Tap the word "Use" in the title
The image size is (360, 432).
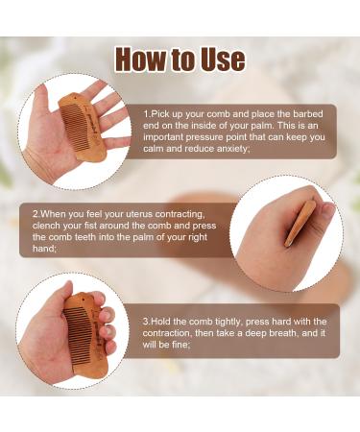pos(219,60)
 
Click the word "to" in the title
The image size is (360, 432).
pos(180,60)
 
